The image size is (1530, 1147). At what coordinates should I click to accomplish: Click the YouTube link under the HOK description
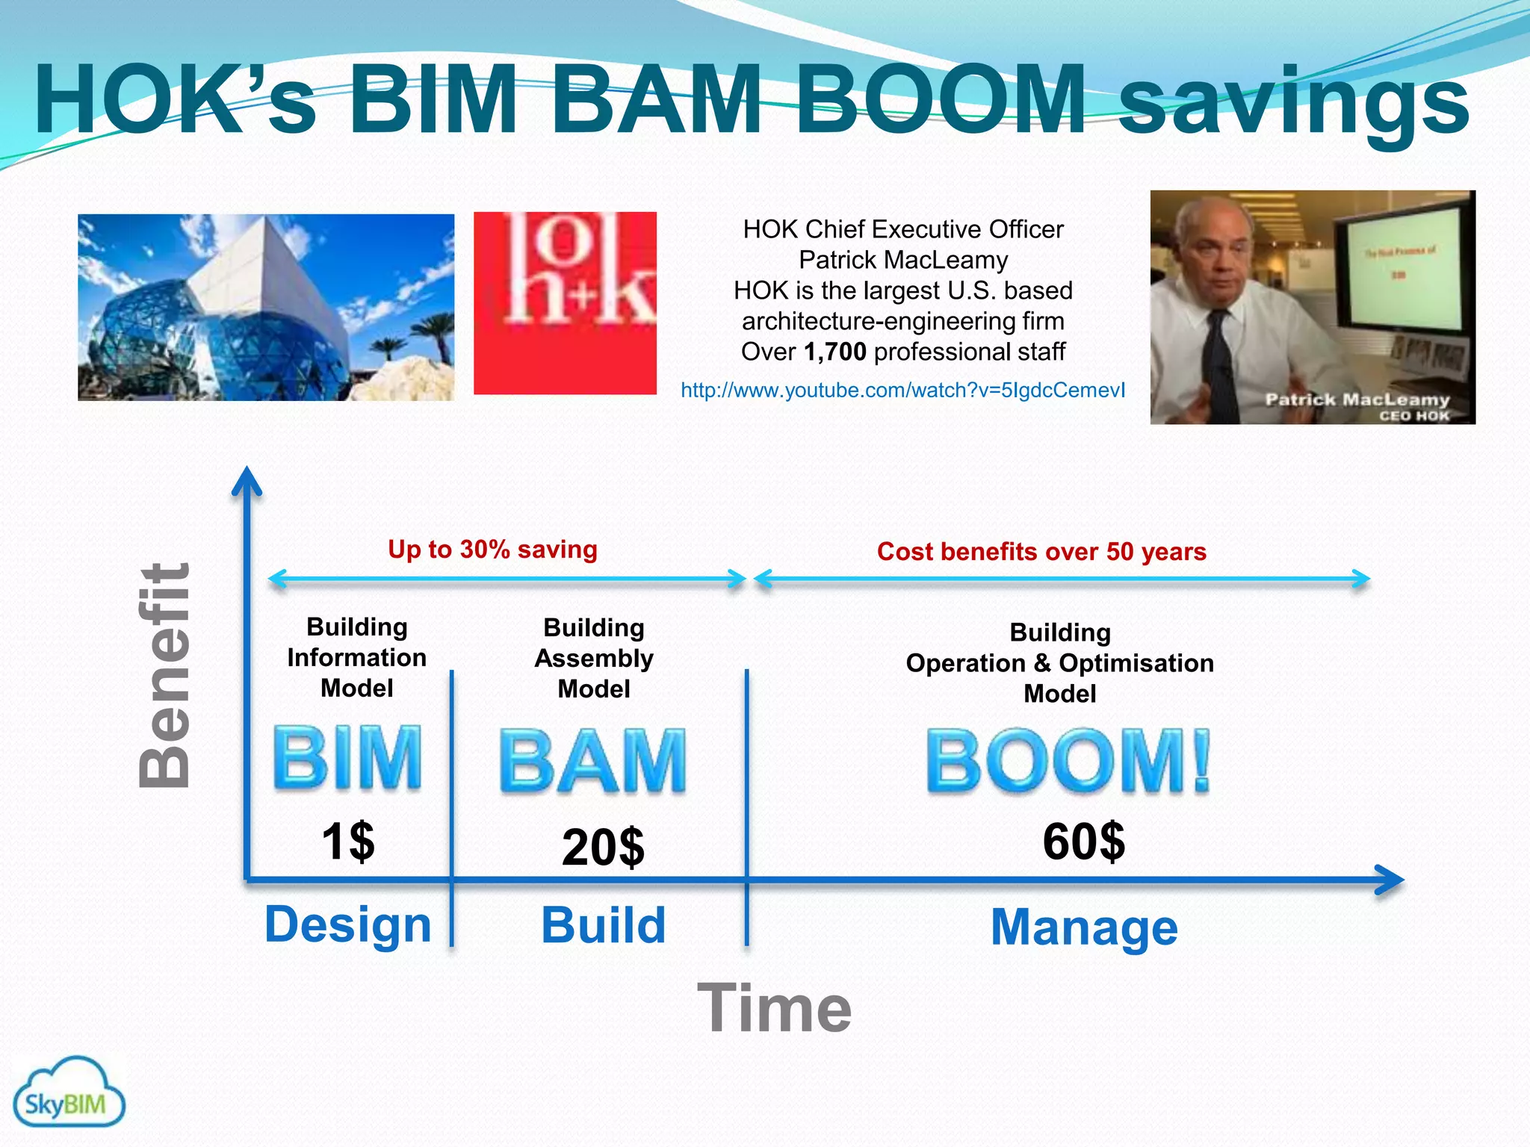[x=902, y=391]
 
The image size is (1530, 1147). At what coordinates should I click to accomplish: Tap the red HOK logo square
[x=565, y=303]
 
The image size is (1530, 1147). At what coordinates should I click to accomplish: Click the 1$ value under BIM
[x=348, y=842]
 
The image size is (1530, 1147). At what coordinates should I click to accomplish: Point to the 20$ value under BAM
[x=603, y=848]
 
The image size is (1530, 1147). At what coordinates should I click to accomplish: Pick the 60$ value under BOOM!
[x=1083, y=842]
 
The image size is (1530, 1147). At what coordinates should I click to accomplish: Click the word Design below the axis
[x=348, y=924]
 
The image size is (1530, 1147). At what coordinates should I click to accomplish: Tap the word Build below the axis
[x=603, y=925]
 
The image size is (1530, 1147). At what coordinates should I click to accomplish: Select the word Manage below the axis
[x=1083, y=927]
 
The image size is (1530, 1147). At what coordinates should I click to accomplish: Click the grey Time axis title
[x=774, y=1009]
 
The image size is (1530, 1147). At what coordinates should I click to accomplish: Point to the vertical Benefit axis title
[x=165, y=676]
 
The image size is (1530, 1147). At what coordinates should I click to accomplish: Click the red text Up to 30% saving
[x=492, y=550]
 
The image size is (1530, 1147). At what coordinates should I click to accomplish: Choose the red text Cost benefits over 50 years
[x=1041, y=552]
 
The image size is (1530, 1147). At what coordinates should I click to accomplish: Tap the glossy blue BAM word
[x=592, y=762]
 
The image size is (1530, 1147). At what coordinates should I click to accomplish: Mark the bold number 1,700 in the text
[x=834, y=352]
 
